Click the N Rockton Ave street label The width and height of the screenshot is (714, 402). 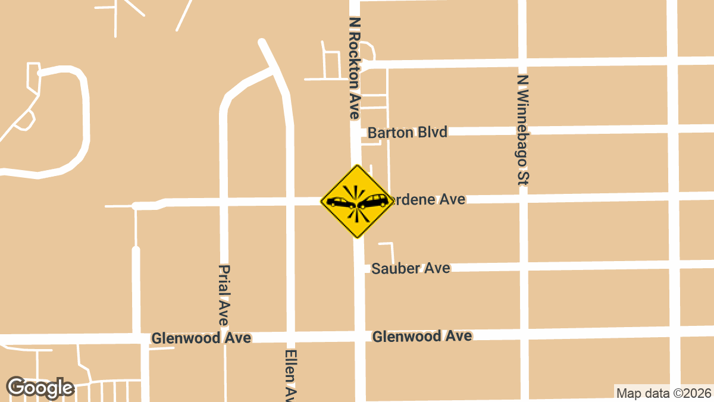tap(355, 68)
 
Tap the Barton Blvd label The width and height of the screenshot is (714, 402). tap(408, 132)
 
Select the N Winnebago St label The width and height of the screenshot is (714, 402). tap(523, 130)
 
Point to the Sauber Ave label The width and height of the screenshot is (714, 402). tap(411, 268)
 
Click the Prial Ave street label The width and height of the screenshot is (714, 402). tap(224, 296)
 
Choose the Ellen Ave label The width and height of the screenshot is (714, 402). tap(290, 375)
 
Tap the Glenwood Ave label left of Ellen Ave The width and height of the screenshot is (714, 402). tap(201, 338)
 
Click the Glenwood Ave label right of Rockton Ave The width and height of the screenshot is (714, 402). tap(422, 336)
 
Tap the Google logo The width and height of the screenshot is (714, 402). tap(40, 388)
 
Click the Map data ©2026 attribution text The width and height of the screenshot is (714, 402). tap(663, 393)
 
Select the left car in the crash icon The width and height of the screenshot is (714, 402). tap(341, 203)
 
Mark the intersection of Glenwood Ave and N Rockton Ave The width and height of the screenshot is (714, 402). tap(359, 336)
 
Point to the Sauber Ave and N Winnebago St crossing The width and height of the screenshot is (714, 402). tap(524, 265)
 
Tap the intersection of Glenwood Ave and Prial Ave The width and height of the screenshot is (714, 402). tap(224, 338)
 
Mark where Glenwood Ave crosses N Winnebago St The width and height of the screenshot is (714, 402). tap(524, 334)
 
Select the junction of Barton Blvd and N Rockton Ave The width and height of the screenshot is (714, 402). tap(356, 133)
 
